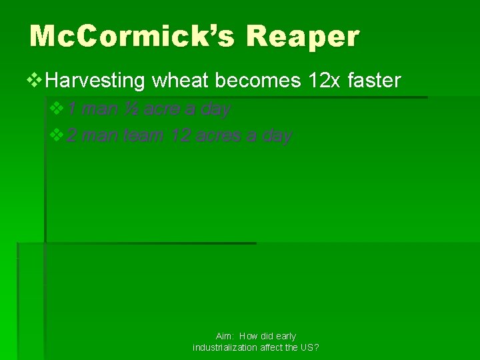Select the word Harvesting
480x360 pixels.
96,81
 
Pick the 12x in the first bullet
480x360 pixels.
325,81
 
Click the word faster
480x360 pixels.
374,81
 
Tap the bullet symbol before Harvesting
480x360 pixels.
37,81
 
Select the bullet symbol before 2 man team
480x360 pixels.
57,135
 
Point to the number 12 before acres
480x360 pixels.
180,136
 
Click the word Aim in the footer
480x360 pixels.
224,337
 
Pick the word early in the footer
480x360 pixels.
285,337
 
